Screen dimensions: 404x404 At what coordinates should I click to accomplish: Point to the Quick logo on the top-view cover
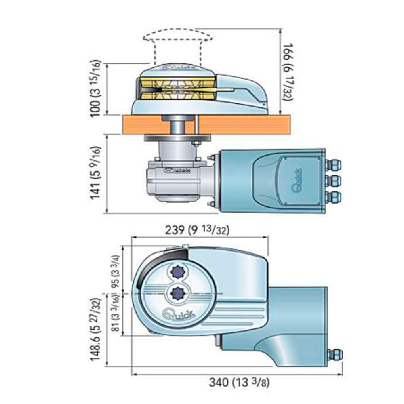coord(178,314)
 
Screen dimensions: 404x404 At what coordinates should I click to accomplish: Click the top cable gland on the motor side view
coord(334,164)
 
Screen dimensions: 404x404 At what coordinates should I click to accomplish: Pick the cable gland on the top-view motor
coord(335,355)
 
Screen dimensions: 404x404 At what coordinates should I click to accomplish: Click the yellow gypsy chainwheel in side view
coord(178,88)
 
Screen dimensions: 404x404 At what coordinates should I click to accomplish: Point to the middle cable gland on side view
coord(334,181)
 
